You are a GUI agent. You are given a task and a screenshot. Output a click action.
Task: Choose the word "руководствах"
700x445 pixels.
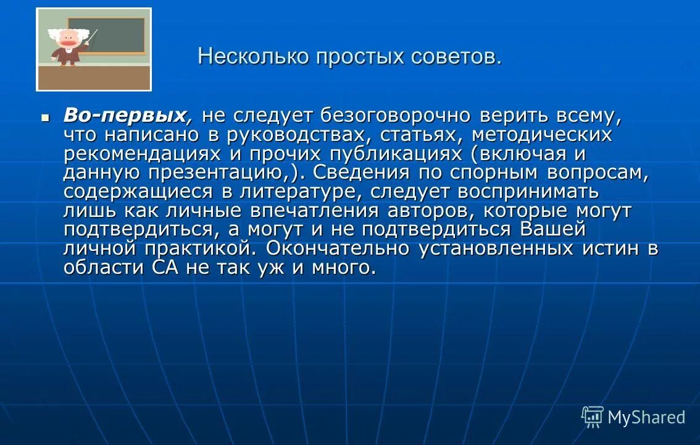(300, 134)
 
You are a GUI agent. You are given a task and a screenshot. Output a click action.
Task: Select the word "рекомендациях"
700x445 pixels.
(143, 153)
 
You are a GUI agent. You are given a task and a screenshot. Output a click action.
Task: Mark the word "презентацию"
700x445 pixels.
(227, 172)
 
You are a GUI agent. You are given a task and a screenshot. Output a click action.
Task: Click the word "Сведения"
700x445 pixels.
(357, 172)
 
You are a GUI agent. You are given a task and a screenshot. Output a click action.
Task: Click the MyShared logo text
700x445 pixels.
(646, 418)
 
